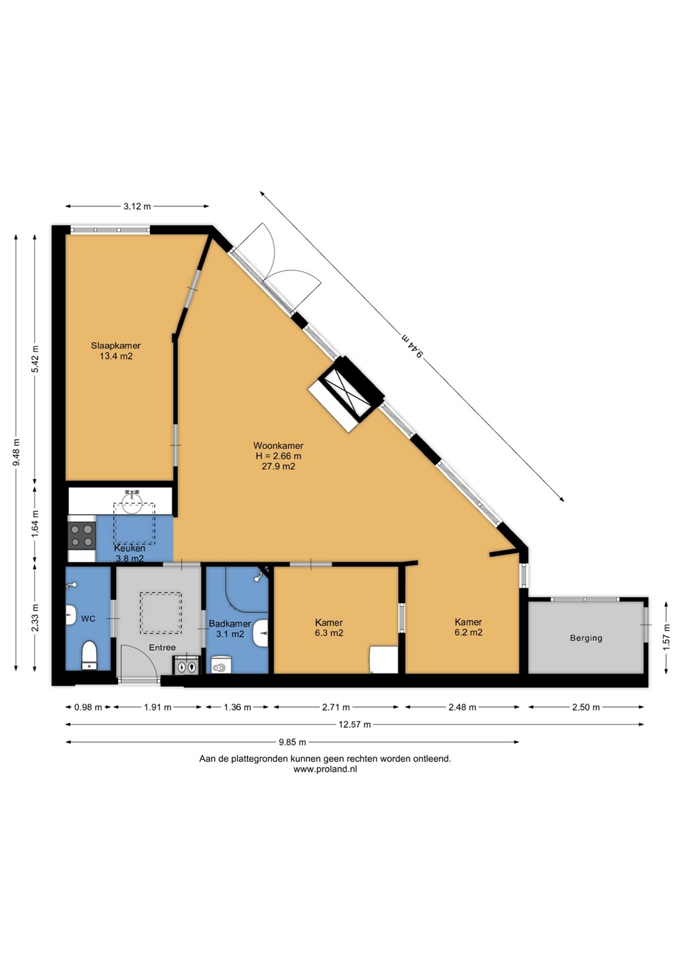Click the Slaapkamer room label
pyautogui.click(x=116, y=346)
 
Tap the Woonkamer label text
pyautogui.click(x=278, y=446)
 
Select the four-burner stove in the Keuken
pyautogui.click(x=82, y=535)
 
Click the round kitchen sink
pyautogui.click(x=132, y=503)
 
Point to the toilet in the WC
pyautogui.click(x=90, y=656)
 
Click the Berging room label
pyautogui.click(x=586, y=638)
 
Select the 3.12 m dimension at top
pyautogui.click(x=137, y=206)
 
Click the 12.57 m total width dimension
pyautogui.click(x=355, y=724)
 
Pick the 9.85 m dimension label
pyautogui.click(x=292, y=742)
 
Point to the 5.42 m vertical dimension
pyautogui.click(x=35, y=360)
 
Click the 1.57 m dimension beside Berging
pyautogui.click(x=667, y=637)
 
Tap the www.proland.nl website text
pyautogui.click(x=325, y=769)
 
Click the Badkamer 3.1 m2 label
pyautogui.click(x=230, y=629)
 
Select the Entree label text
pyautogui.click(x=162, y=647)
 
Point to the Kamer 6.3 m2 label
pyautogui.click(x=329, y=628)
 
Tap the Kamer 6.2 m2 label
pyautogui.click(x=468, y=627)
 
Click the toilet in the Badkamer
pyautogui.click(x=221, y=665)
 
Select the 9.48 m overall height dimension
pyautogui.click(x=16, y=452)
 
